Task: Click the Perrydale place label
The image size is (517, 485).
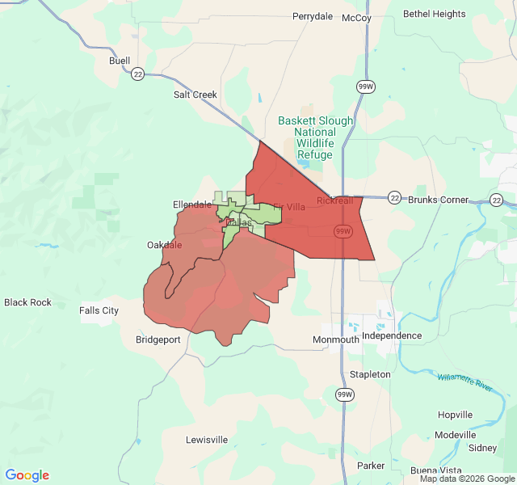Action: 313,16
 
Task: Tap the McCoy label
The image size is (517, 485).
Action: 356,18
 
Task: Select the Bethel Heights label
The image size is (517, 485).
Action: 435,14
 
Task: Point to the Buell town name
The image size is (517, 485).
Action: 120,61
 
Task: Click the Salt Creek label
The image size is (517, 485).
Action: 195,95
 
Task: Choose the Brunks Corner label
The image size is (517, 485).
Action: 439,200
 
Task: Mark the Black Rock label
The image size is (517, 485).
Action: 27,302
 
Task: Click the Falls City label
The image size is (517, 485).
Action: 99,310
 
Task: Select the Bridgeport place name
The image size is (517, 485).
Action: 158,339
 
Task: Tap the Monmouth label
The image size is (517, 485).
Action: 336,339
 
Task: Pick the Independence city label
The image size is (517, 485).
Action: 392,335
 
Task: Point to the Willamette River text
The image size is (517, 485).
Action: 465,382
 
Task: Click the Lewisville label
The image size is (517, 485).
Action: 207,440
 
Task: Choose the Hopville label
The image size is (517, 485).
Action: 455,415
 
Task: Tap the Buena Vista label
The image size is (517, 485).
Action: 435,470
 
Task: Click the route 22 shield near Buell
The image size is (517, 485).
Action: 138,74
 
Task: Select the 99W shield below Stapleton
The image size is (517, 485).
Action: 345,394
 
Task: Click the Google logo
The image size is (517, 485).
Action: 27,475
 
